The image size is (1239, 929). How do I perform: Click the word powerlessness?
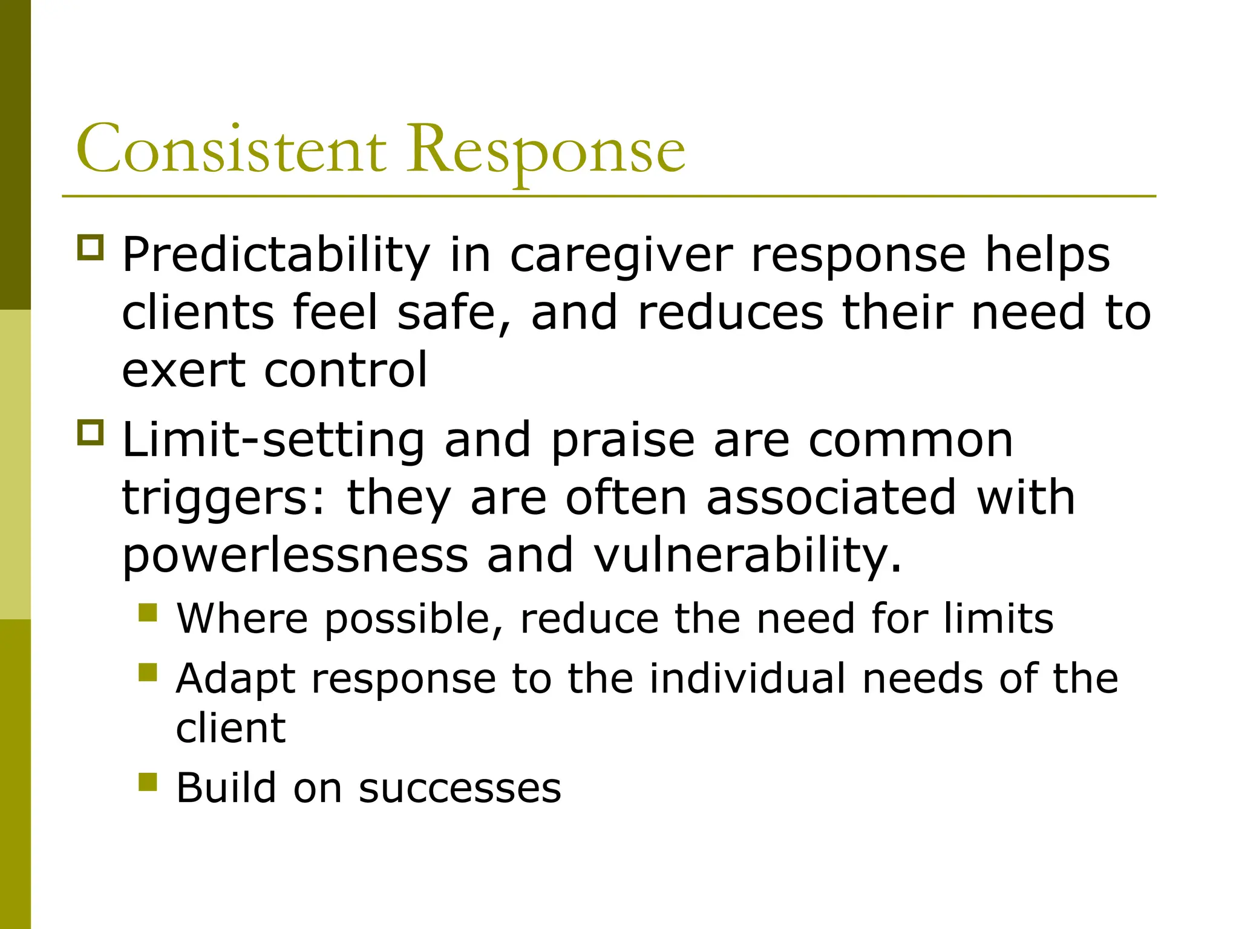click(295, 555)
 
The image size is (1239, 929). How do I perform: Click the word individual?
click(747, 677)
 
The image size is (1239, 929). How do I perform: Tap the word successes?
click(460, 789)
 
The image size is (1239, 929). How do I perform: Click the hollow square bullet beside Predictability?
click(91, 247)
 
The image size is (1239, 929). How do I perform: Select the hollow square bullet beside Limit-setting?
click(91, 432)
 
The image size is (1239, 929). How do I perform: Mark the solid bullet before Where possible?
click(148, 613)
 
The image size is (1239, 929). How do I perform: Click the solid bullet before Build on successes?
click(148, 782)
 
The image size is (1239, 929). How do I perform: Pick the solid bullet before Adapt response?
click(148, 672)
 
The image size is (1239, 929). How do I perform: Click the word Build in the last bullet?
click(225, 787)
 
